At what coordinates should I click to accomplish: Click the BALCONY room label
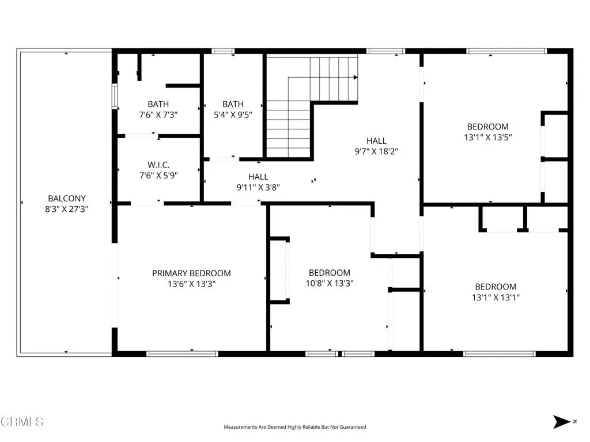click(67, 199)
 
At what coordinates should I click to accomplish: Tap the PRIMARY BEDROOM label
click(191, 273)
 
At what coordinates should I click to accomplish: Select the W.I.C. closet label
click(158, 165)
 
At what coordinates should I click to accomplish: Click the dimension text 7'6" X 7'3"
click(158, 115)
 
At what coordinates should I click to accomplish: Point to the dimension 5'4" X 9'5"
click(233, 115)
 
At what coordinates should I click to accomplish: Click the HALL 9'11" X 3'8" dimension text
click(258, 187)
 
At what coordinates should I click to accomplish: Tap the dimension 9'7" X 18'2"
click(376, 151)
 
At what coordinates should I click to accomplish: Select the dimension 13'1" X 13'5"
click(488, 137)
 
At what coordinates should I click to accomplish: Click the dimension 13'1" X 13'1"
click(496, 298)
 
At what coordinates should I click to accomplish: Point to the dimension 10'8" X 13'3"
click(330, 283)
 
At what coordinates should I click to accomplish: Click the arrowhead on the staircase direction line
click(355, 78)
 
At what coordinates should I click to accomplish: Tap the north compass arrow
click(561, 422)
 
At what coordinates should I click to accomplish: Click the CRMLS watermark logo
click(22, 422)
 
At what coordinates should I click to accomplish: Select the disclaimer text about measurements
click(295, 427)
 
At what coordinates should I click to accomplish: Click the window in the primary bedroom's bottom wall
click(182, 354)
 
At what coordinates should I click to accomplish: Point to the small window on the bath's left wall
click(115, 97)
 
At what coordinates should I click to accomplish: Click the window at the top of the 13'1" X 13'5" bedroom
click(507, 51)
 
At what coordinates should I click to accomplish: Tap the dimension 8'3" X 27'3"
click(67, 209)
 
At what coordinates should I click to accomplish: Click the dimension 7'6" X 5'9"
click(158, 175)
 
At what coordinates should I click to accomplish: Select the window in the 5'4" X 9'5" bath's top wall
click(223, 51)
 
